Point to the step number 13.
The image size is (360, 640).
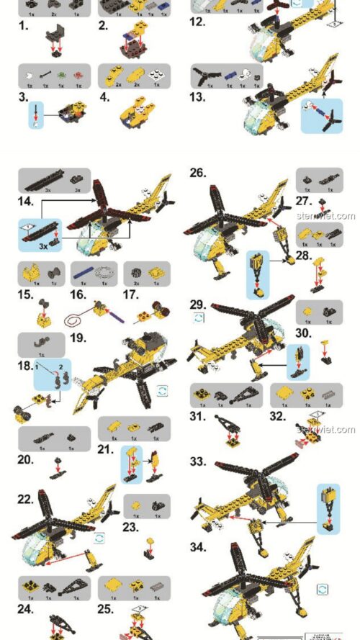[x=198, y=96]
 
